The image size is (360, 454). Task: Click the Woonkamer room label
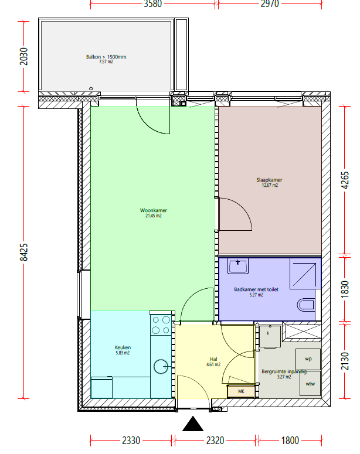click(154, 210)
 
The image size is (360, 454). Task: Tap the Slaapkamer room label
click(269, 180)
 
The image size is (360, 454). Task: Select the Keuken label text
click(123, 347)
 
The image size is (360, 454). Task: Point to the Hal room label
click(213, 359)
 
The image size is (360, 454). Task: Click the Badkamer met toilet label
click(256, 289)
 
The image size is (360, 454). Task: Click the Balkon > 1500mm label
click(106, 57)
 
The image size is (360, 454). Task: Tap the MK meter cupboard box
click(241, 391)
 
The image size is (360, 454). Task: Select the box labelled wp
click(308, 359)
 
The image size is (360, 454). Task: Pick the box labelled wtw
click(310, 384)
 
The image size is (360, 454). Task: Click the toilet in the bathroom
click(306, 305)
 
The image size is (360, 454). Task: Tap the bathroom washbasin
click(237, 266)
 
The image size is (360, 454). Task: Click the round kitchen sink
click(161, 367)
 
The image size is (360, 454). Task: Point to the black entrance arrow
click(193, 424)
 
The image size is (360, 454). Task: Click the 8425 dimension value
click(24, 252)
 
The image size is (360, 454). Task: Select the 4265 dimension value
click(345, 180)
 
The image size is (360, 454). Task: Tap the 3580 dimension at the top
click(153, 4)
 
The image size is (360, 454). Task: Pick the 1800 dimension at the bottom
click(290, 441)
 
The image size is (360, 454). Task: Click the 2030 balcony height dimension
click(24, 56)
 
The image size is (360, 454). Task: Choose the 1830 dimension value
click(345, 289)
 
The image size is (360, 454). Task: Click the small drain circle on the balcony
click(91, 88)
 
